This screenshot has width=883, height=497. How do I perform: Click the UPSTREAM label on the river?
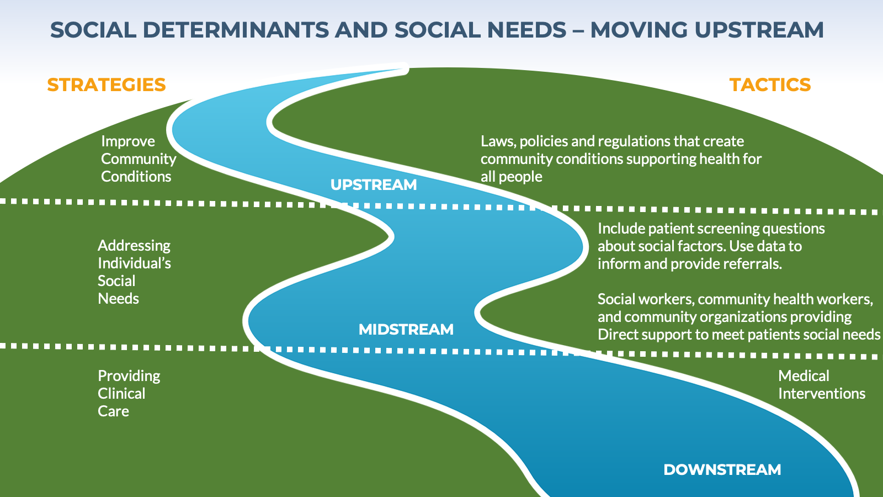tap(374, 185)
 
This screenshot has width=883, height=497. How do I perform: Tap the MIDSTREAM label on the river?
tap(406, 330)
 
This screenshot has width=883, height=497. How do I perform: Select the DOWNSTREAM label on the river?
tap(722, 470)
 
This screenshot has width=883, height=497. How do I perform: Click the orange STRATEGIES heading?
tap(107, 85)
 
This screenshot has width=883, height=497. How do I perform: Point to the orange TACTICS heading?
tap(770, 85)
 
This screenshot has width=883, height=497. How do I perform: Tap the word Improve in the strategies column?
tap(128, 141)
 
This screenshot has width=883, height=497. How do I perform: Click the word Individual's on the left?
tap(134, 263)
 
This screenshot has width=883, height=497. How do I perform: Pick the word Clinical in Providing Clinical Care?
tap(121, 394)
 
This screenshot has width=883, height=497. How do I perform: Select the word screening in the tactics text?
tap(719, 229)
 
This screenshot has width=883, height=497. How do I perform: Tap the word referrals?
tap(753, 264)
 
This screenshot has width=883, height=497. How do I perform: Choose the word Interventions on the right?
tap(822, 394)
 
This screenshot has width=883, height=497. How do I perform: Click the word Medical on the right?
tap(804, 376)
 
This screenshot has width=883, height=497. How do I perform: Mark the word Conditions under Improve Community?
tap(136, 177)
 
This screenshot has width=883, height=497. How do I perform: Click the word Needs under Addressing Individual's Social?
tap(118, 299)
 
